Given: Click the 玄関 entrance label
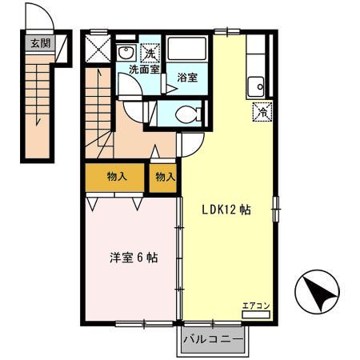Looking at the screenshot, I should [40, 43].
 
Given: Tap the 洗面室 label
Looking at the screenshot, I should [144, 70].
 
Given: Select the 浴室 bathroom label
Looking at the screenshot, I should [188, 78].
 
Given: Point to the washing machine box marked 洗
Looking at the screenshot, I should [149, 53].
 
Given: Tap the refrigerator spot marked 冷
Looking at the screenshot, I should [262, 112].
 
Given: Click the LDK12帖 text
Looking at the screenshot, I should [226, 210].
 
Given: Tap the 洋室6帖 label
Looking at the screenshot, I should [133, 258].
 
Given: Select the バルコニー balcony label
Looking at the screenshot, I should [213, 340].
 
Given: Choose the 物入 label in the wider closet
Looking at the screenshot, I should [117, 176].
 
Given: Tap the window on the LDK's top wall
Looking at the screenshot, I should [227, 31].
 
